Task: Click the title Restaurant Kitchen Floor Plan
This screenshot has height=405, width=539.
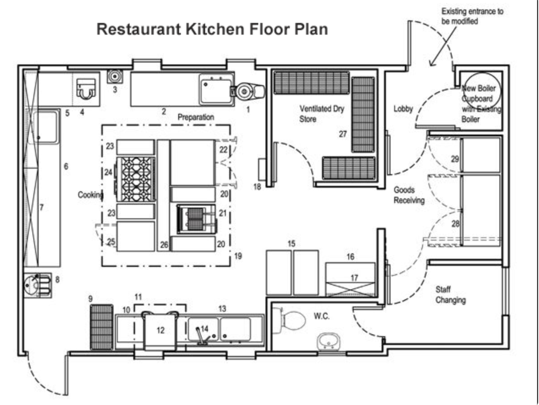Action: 212,29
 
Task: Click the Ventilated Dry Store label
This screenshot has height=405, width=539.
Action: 321,114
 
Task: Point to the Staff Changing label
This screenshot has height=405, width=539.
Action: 450,295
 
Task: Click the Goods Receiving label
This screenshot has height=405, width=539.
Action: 409,195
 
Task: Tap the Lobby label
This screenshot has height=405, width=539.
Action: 403,108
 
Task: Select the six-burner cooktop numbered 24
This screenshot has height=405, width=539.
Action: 136,179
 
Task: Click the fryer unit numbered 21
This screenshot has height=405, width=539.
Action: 196,219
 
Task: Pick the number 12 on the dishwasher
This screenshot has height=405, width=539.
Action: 161,330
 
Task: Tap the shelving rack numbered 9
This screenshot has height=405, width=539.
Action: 102,327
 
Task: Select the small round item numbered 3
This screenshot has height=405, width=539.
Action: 115,76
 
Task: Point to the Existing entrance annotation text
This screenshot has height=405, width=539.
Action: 472,16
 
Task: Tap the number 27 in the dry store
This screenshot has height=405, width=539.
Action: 343,134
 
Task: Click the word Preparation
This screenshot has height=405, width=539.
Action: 196,117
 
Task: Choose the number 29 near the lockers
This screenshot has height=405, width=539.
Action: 455,159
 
